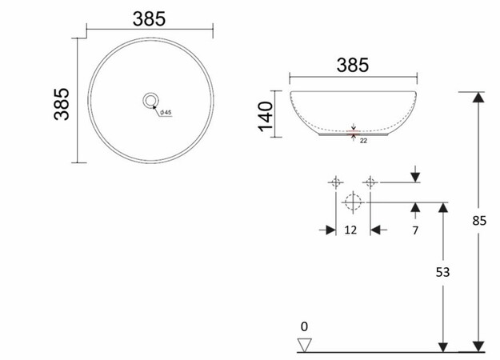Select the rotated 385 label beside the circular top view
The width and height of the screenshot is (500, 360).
tap(62, 102)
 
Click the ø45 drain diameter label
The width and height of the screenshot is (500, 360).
tap(166, 112)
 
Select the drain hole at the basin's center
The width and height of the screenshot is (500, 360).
tap(150, 100)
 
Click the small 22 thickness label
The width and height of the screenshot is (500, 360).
tap(363, 141)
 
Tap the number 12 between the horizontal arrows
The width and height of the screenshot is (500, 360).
tap(350, 230)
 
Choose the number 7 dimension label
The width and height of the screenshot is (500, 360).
tap(415, 230)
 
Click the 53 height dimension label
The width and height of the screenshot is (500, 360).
tap(442, 272)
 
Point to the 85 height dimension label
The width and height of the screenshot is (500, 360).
tap(479, 221)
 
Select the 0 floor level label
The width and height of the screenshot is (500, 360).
tap(303, 326)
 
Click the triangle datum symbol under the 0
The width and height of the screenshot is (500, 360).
tap(303, 344)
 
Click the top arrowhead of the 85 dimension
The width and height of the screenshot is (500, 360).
tap(478, 98)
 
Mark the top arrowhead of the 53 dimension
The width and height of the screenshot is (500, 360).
tap(442, 208)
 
